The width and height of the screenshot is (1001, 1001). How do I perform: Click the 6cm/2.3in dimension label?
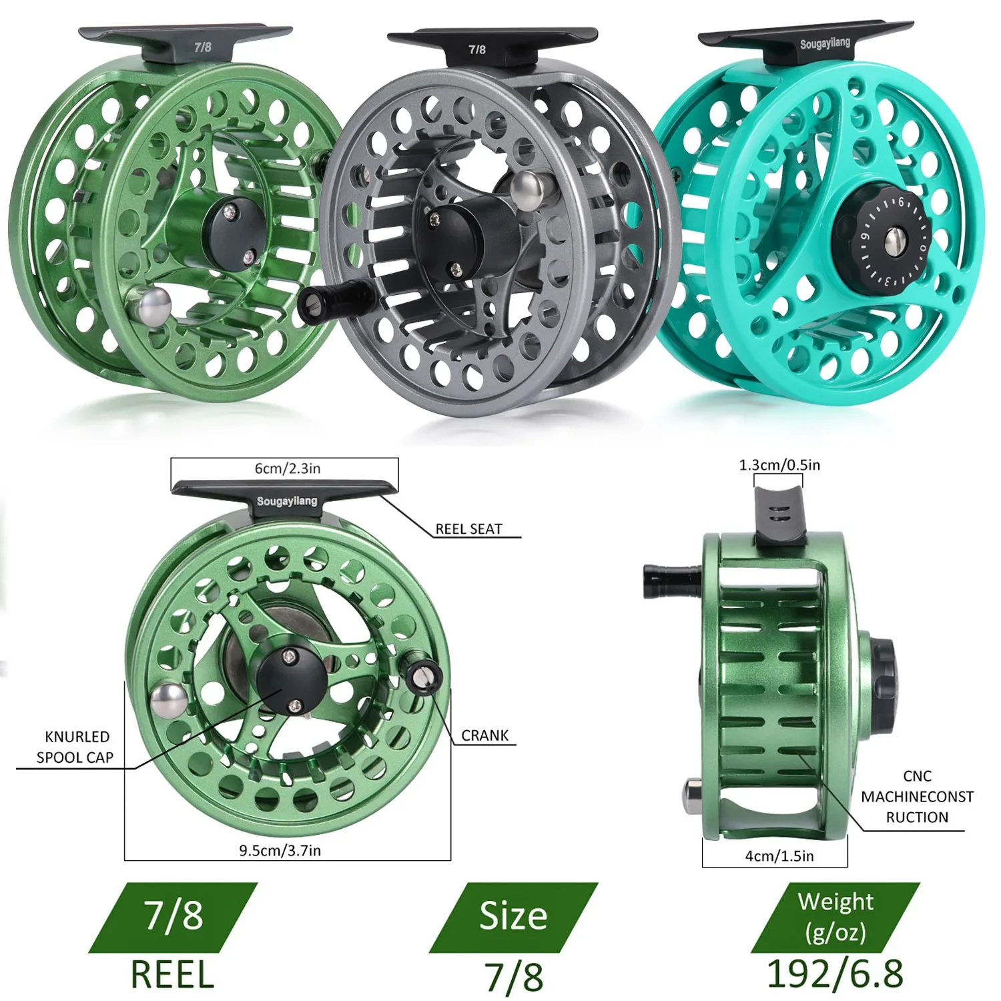point(287,468)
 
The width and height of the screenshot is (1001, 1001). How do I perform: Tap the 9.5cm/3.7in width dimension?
point(280,850)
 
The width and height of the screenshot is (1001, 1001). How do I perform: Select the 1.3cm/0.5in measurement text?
point(779,464)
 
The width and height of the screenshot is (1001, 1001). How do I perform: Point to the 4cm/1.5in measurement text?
point(779,856)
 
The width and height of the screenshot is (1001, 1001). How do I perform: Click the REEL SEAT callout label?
point(468,529)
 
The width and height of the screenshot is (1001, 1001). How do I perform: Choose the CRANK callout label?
point(484,735)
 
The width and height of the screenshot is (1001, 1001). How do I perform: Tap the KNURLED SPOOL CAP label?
point(75,747)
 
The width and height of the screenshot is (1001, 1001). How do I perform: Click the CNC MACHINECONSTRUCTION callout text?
point(916,796)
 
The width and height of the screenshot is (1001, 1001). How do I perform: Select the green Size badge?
point(513,916)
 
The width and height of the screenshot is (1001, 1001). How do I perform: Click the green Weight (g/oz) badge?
point(835,916)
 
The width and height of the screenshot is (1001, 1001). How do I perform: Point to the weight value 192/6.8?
point(835,974)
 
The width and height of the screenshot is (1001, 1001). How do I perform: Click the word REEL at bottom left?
point(172,974)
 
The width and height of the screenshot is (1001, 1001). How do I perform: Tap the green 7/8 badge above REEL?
point(173,916)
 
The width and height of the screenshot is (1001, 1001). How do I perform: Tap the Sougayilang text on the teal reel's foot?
point(825,44)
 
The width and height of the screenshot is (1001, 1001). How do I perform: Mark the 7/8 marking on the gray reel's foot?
point(476,49)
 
